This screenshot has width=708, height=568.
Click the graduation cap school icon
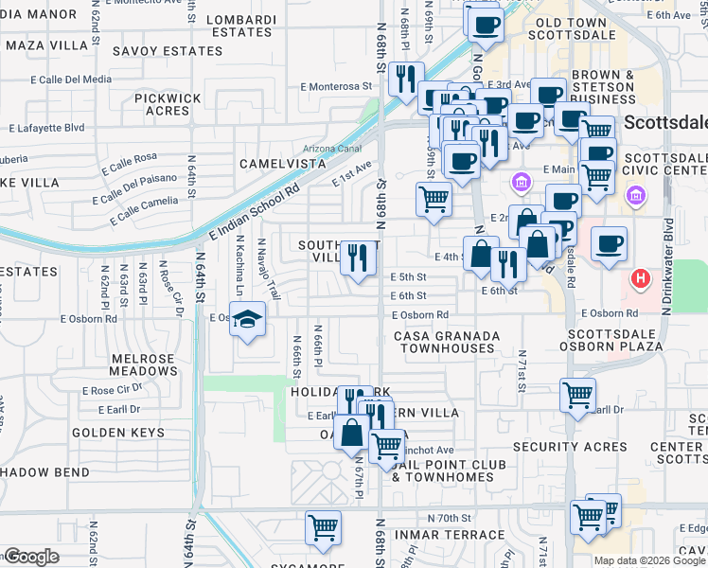(x=248, y=322)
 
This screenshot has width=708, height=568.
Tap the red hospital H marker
(x=642, y=280)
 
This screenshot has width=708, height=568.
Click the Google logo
(x=30, y=557)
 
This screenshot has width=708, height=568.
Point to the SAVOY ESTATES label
(x=168, y=50)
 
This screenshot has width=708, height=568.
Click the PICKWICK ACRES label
(x=168, y=104)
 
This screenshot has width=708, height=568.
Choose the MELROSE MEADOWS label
(x=144, y=365)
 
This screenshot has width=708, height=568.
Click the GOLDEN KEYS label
(x=118, y=433)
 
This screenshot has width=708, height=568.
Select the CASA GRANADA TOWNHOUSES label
(x=446, y=342)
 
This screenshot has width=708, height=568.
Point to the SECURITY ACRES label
(x=569, y=447)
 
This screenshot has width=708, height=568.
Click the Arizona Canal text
(x=332, y=149)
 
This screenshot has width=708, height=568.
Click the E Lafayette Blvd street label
(x=46, y=127)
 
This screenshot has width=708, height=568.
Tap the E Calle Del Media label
(x=71, y=80)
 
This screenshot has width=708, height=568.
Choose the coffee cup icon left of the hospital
(x=609, y=244)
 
